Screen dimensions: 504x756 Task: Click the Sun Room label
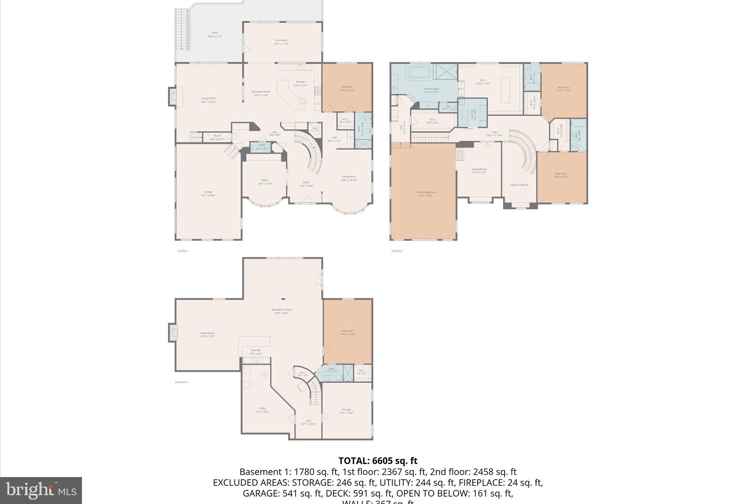click(281, 42)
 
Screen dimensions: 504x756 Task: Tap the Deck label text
click(214, 34)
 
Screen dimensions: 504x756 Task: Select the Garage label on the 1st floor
click(208, 193)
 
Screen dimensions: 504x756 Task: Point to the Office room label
click(265, 182)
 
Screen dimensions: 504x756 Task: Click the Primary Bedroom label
click(425, 193)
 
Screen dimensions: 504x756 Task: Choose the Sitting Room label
click(479, 171)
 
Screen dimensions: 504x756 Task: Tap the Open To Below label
click(519, 185)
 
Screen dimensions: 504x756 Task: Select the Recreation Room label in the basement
click(282, 311)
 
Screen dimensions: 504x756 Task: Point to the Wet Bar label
click(256, 352)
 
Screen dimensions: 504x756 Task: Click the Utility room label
click(262, 410)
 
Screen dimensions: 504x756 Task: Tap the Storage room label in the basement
click(346, 411)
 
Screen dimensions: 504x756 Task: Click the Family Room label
click(207, 335)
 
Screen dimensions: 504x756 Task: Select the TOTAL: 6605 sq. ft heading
click(378, 461)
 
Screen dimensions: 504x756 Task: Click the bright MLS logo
click(41, 490)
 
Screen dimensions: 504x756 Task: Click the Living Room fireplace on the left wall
click(173, 96)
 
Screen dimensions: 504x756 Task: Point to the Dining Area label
click(348, 178)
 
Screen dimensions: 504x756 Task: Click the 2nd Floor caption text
click(397, 251)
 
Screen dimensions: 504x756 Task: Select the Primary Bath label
click(431, 90)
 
